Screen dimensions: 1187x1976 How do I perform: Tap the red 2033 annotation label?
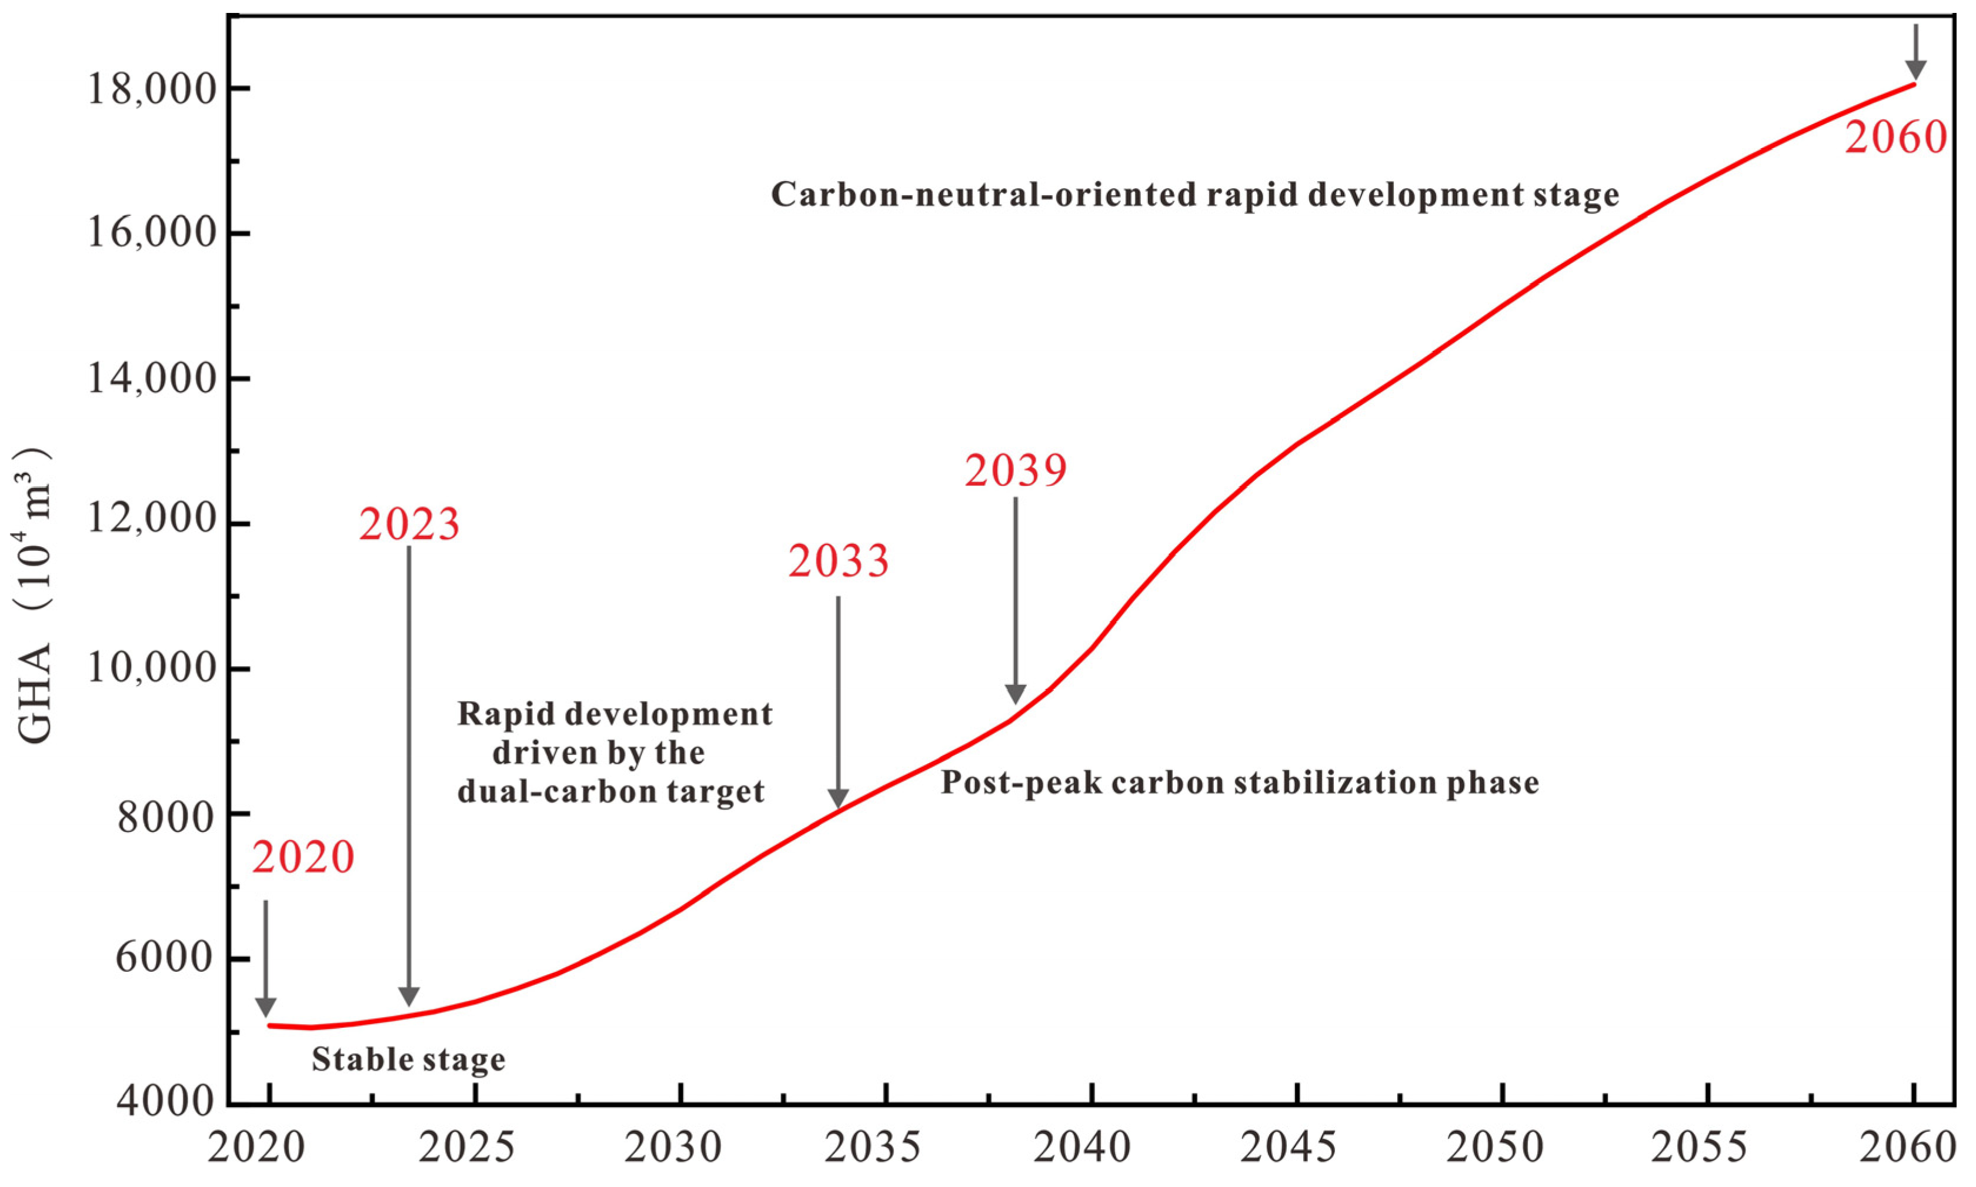point(839,561)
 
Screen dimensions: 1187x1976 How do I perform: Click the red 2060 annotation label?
point(1895,138)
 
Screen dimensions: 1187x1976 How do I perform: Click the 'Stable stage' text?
point(408,1060)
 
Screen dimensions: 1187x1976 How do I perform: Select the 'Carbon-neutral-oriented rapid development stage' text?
point(1195,195)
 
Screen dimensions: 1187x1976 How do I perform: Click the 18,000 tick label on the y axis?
point(152,89)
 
